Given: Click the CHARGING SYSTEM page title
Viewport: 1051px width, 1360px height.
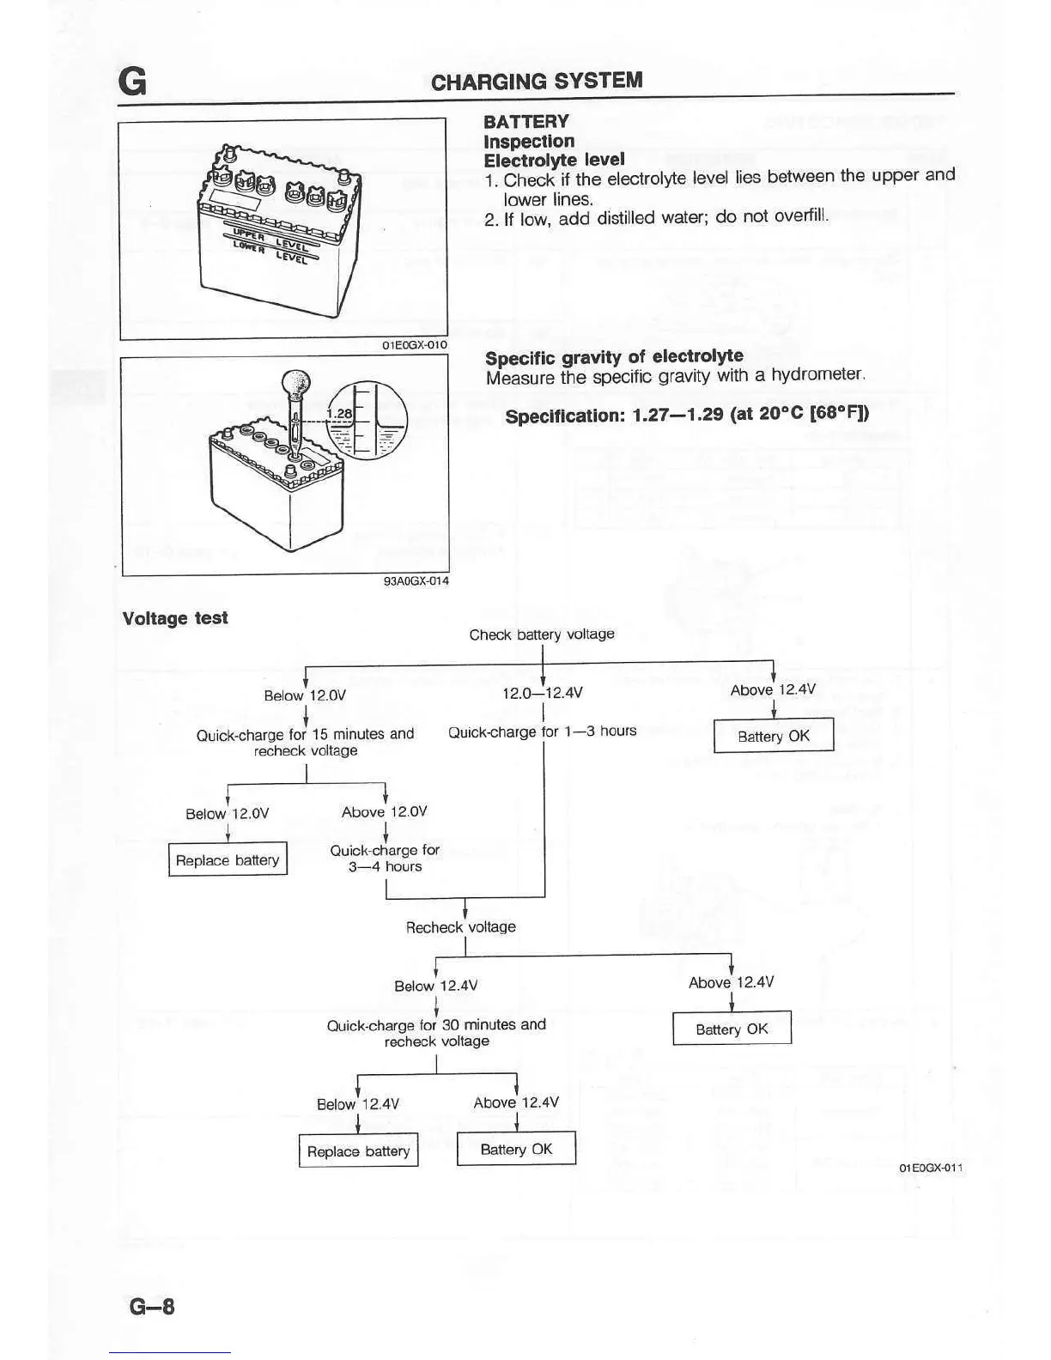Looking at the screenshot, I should tap(537, 81).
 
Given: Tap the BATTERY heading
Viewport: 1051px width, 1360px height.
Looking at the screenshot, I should tap(525, 122).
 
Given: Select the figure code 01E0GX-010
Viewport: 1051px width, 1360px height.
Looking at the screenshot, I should tap(415, 345).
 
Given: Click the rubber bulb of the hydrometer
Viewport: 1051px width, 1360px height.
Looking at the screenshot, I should tap(296, 386).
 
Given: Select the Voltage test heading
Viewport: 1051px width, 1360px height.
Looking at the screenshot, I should tap(175, 618).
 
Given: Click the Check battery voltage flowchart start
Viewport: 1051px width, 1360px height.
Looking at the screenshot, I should tap(542, 634).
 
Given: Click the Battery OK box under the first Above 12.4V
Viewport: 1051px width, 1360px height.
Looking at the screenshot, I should tap(774, 736).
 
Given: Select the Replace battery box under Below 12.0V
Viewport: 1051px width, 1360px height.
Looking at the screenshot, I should tap(228, 860).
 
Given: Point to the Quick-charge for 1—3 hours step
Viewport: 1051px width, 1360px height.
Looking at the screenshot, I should tap(543, 732).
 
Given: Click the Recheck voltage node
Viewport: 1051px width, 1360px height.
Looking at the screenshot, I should tap(461, 927).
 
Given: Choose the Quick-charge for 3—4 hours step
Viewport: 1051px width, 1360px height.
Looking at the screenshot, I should tap(385, 858).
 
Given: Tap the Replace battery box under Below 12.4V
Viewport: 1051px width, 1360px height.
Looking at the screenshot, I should tap(358, 1151).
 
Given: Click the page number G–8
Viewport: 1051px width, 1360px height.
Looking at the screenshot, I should tap(152, 1306).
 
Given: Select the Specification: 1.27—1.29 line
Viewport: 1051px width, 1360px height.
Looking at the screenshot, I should tap(687, 416).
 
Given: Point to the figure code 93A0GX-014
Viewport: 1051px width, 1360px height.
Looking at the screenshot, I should tap(416, 581).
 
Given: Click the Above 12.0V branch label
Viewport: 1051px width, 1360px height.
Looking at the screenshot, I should tap(384, 812).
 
